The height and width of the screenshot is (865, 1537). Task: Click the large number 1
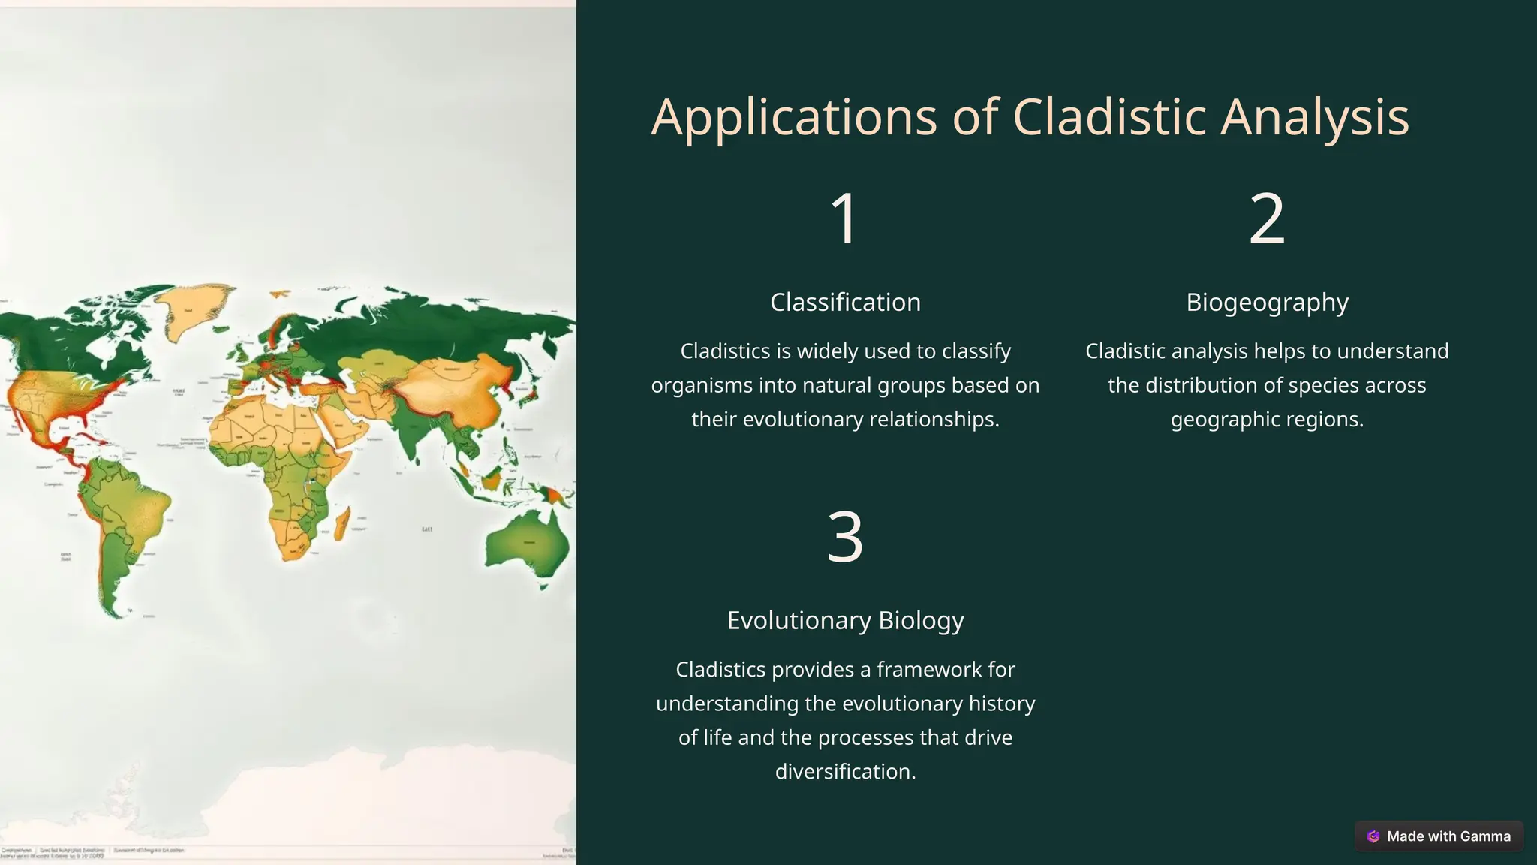coord(845,219)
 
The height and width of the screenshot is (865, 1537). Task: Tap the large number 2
coord(1267,219)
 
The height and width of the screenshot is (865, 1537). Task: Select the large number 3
coord(845,537)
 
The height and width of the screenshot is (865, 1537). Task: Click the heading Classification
coord(845,302)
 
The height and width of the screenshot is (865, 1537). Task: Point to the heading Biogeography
coord(1267,302)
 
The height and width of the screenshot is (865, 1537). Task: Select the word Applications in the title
coord(793,118)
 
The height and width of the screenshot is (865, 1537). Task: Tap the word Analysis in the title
coord(1315,118)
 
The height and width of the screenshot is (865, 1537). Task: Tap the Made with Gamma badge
coord(1439,836)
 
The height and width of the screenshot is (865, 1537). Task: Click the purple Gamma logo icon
coord(1373,836)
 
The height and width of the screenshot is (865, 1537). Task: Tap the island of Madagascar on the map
coord(341,523)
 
